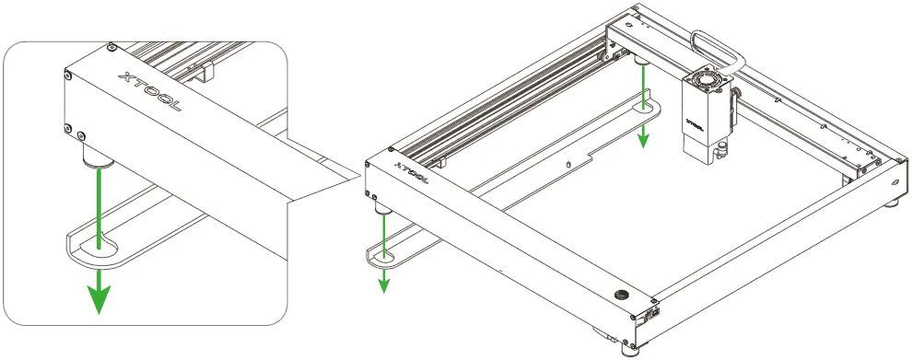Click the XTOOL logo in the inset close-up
tap(149, 91)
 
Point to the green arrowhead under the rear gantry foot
tap(643, 137)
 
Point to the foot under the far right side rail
tap(892, 203)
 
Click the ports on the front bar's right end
tap(650, 315)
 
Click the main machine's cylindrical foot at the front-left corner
tap(383, 208)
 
